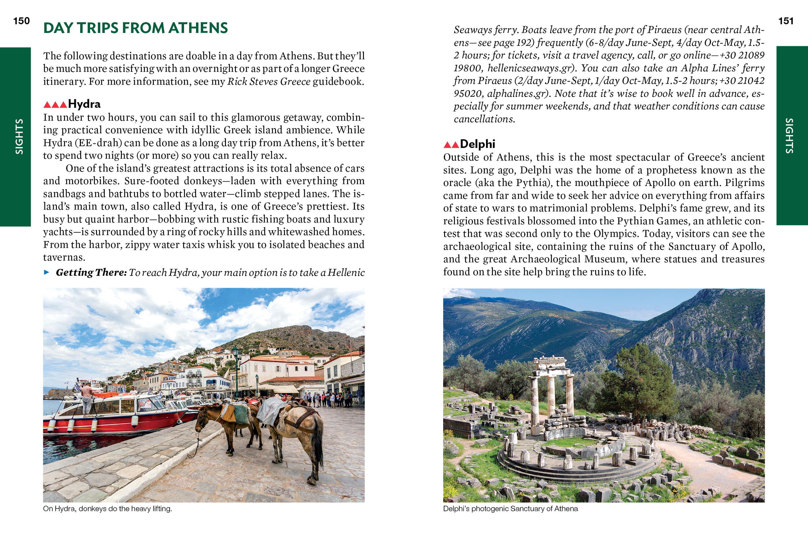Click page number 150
[x=21, y=21]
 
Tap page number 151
[x=786, y=21]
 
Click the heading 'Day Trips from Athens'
[x=135, y=28]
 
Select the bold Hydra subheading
[x=84, y=104]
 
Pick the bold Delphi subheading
[x=477, y=144]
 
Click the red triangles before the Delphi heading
[x=451, y=145]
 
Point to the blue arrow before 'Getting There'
[x=47, y=272]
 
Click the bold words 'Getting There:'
[x=91, y=272]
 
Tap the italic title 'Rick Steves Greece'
[x=269, y=81]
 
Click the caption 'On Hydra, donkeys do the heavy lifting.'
[x=108, y=509]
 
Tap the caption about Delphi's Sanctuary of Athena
[x=510, y=509]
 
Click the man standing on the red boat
[x=86, y=399]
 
